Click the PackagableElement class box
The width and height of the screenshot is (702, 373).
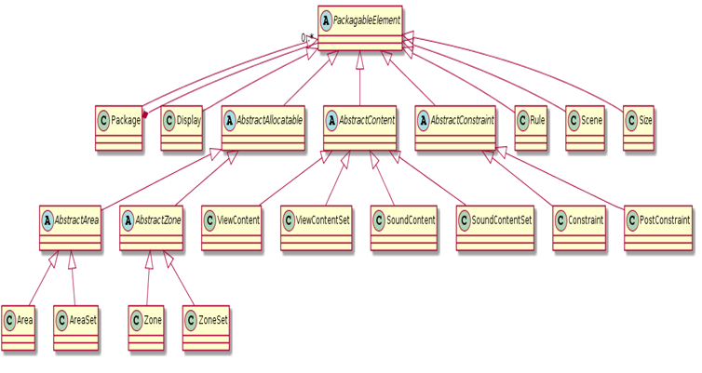(360, 28)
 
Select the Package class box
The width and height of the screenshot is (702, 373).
(118, 128)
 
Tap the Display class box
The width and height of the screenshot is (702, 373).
(182, 128)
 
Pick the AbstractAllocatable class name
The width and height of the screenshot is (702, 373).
(269, 120)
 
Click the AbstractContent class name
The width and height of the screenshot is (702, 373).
(367, 120)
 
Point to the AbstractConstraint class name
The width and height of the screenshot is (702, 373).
(462, 120)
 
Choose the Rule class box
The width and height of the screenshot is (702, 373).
(531, 128)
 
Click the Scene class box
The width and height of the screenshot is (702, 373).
(585, 128)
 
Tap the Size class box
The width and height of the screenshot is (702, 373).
(639, 128)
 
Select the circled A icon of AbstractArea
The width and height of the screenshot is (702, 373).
(47, 220)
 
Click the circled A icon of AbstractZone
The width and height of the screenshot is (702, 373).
(128, 220)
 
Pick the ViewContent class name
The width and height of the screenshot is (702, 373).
(238, 220)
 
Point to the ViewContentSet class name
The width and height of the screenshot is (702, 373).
(323, 220)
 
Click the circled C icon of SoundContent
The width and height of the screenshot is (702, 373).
(379, 220)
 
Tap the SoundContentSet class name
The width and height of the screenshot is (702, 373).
(502, 220)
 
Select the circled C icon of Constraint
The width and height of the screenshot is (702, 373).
(560, 220)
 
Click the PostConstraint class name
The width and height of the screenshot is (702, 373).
(665, 220)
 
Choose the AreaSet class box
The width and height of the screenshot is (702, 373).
(75, 327)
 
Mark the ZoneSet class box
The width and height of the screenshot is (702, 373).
(206, 327)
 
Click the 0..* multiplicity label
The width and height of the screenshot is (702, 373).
(307, 38)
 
